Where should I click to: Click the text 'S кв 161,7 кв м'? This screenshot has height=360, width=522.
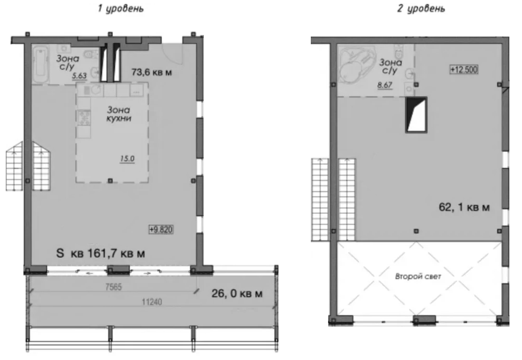click(100, 254)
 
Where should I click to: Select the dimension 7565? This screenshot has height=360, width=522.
click(111, 285)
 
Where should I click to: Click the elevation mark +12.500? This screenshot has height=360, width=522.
click(464, 69)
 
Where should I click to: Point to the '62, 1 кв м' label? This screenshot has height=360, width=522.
click(464, 208)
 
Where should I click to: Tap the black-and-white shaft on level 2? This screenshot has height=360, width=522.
click(417, 115)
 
